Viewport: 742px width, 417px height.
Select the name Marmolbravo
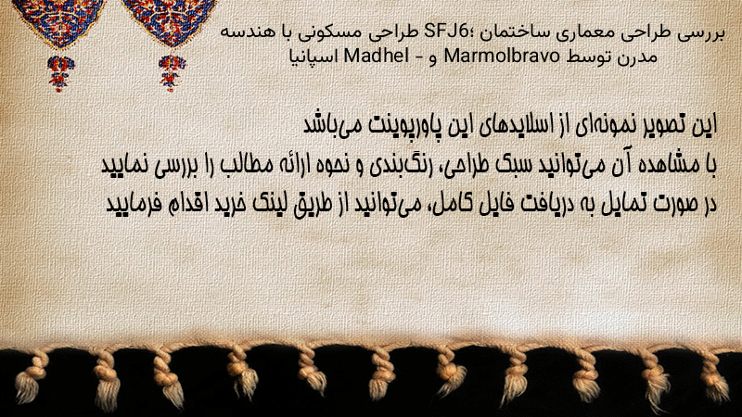pyautogui.click(x=502, y=57)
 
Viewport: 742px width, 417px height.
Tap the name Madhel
pyautogui.click(x=377, y=57)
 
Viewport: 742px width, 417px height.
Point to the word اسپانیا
pyautogui.click(x=313, y=57)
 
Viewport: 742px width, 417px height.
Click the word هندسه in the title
pyautogui.click(x=242, y=32)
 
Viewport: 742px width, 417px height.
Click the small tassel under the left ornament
pyautogui.click(x=59, y=73)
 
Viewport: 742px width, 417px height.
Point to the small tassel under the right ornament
pyautogui.click(x=172, y=73)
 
